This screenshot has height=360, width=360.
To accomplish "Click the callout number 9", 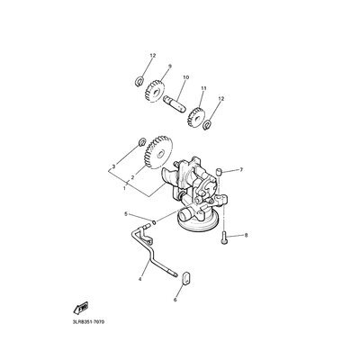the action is tap(170, 66).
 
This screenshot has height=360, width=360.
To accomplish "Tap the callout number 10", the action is tap(186, 77).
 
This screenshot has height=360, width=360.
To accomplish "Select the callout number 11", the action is tap(204, 88).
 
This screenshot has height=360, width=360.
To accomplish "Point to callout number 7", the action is tap(240, 170).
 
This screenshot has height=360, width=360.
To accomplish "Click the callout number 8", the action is tap(246, 236).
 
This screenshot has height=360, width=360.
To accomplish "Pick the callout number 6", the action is tap(175, 300).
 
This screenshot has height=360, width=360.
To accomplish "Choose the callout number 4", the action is tap(139, 279).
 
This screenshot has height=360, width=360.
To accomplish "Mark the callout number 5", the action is tap(126, 214).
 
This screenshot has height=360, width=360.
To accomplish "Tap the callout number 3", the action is tap(113, 166).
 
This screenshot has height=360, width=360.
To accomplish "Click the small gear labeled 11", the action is tap(195, 118).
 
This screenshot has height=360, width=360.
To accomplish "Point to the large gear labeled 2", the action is tap(158, 153).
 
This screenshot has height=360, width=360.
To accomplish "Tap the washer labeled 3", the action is tap(142, 142).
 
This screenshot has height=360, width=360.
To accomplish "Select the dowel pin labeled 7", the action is tap(220, 172).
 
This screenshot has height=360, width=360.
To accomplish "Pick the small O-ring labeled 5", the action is tap(154, 222).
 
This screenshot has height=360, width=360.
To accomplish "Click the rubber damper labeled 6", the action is tap(186, 278).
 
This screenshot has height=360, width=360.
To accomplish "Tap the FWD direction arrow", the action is tap(80, 307).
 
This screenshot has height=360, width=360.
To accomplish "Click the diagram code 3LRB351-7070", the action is tap(88, 322).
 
